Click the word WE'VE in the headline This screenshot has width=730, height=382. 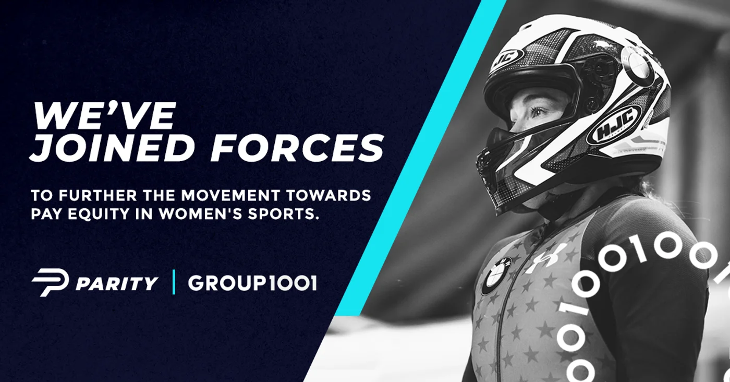pyautogui.click(x=103, y=116)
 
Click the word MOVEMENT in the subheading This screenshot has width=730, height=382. pyautogui.click(x=230, y=195)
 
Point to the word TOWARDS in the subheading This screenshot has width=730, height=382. pyautogui.click(x=328, y=195)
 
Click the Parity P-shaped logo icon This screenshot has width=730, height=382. pyautogui.click(x=50, y=283)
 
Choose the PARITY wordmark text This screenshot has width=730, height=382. pyautogui.click(x=117, y=283)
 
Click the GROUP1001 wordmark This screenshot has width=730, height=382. pyautogui.click(x=252, y=283)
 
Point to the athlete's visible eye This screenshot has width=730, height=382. pyautogui.click(x=538, y=113)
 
